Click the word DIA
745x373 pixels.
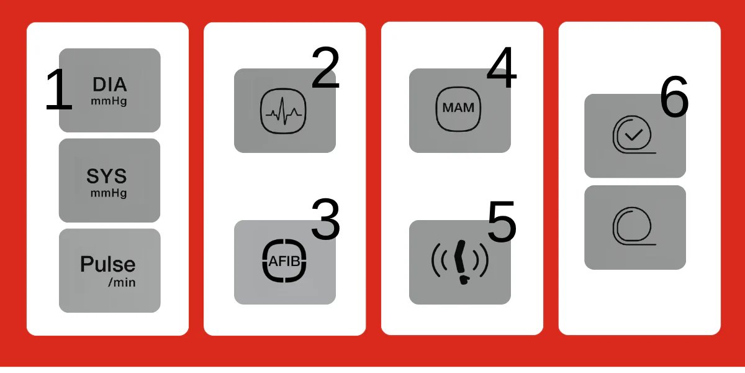click(x=110, y=85)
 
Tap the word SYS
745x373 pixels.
click(x=107, y=176)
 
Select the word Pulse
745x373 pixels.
click(x=108, y=264)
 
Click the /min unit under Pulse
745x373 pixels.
click(x=122, y=283)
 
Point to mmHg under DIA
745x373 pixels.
click(x=109, y=101)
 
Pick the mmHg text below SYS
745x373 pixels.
click(x=109, y=193)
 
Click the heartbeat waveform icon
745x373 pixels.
click(x=283, y=111)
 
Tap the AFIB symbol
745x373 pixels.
click(x=284, y=260)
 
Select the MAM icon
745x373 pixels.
click(x=458, y=109)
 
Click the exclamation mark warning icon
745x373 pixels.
click(x=460, y=262)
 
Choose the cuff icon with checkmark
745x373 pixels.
click(x=634, y=134)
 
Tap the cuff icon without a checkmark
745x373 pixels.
click(x=634, y=226)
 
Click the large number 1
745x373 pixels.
click(x=59, y=90)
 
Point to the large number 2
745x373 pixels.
click(x=325, y=67)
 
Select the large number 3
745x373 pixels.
click(x=325, y=219)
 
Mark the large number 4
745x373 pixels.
click(x=502, y=67)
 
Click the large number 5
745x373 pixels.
click(x=502, y=221)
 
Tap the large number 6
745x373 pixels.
click(x=674, y=96)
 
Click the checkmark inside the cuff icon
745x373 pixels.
click(x=634, y=134)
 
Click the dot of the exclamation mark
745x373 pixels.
click(x=463, y=280)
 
